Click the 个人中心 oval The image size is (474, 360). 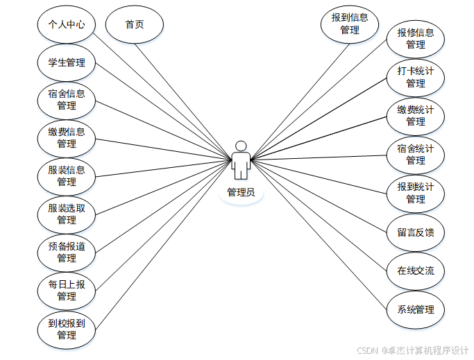click(x=67, y=24)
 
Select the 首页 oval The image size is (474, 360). click(x=135, y=24)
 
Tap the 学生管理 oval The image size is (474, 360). click(x=67, y=62)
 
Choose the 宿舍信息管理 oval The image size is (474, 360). click(x=67, y=100)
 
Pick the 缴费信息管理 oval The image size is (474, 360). click(x=67, y=138)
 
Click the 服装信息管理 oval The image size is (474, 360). click(x=67, y=176)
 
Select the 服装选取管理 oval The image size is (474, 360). click(x=67, y=214)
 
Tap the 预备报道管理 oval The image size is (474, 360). click(x=67, y=252)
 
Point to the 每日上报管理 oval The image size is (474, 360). click(x=67, y=291)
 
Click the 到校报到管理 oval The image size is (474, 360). click(x=67, y=329)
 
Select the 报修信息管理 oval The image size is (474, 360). click(x=416, y=39)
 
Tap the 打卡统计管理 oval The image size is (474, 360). click(x=416, y=77)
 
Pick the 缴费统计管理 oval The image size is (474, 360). click(x=416, y=115)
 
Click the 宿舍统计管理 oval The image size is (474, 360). click(x=416, y=154)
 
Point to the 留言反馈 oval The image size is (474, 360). click(x=416, y=232)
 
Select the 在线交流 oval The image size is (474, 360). click(x=416, y=271)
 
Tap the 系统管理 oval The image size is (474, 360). click(x=416, y=309)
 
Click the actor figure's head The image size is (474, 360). click(x=241, y=146)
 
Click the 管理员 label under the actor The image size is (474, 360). click(x=241, y=192)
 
